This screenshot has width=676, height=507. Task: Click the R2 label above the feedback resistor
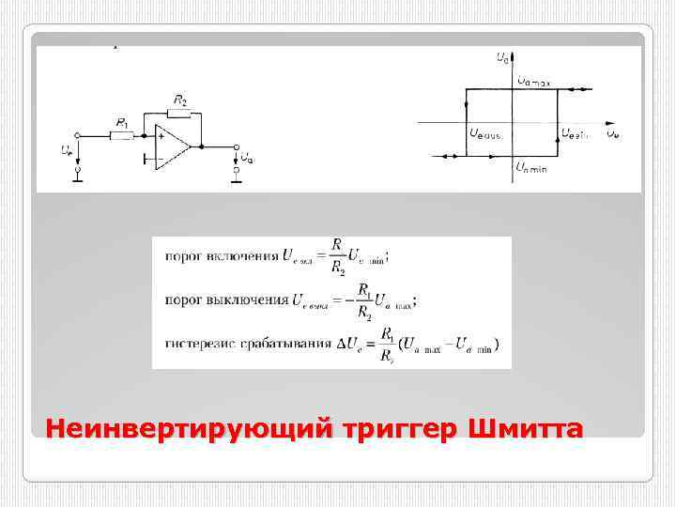pos(179,100)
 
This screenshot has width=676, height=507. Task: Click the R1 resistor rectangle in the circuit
pos(123,134)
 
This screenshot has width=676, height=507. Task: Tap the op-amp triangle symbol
pos(173,146)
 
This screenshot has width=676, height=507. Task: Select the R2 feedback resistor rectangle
pos(178,114)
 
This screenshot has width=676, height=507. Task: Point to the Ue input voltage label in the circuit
pos(65,150)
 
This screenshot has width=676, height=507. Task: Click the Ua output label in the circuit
pos(246,158)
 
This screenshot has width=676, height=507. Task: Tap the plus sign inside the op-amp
pos(161,136)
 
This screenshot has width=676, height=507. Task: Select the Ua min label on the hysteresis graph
pos(531,166)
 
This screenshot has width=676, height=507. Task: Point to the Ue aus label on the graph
pos(485,133)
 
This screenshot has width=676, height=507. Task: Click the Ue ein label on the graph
pos(575,133)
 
